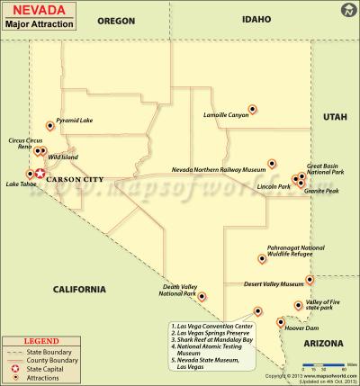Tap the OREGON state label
(x=115, y=19)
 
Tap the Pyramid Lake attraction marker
(x=50, y=126)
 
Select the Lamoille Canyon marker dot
(x=252, y=110)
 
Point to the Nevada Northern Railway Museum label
(x=220, y=169)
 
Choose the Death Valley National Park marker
(x=201, y=296)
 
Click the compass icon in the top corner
(x=348, y=11)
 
